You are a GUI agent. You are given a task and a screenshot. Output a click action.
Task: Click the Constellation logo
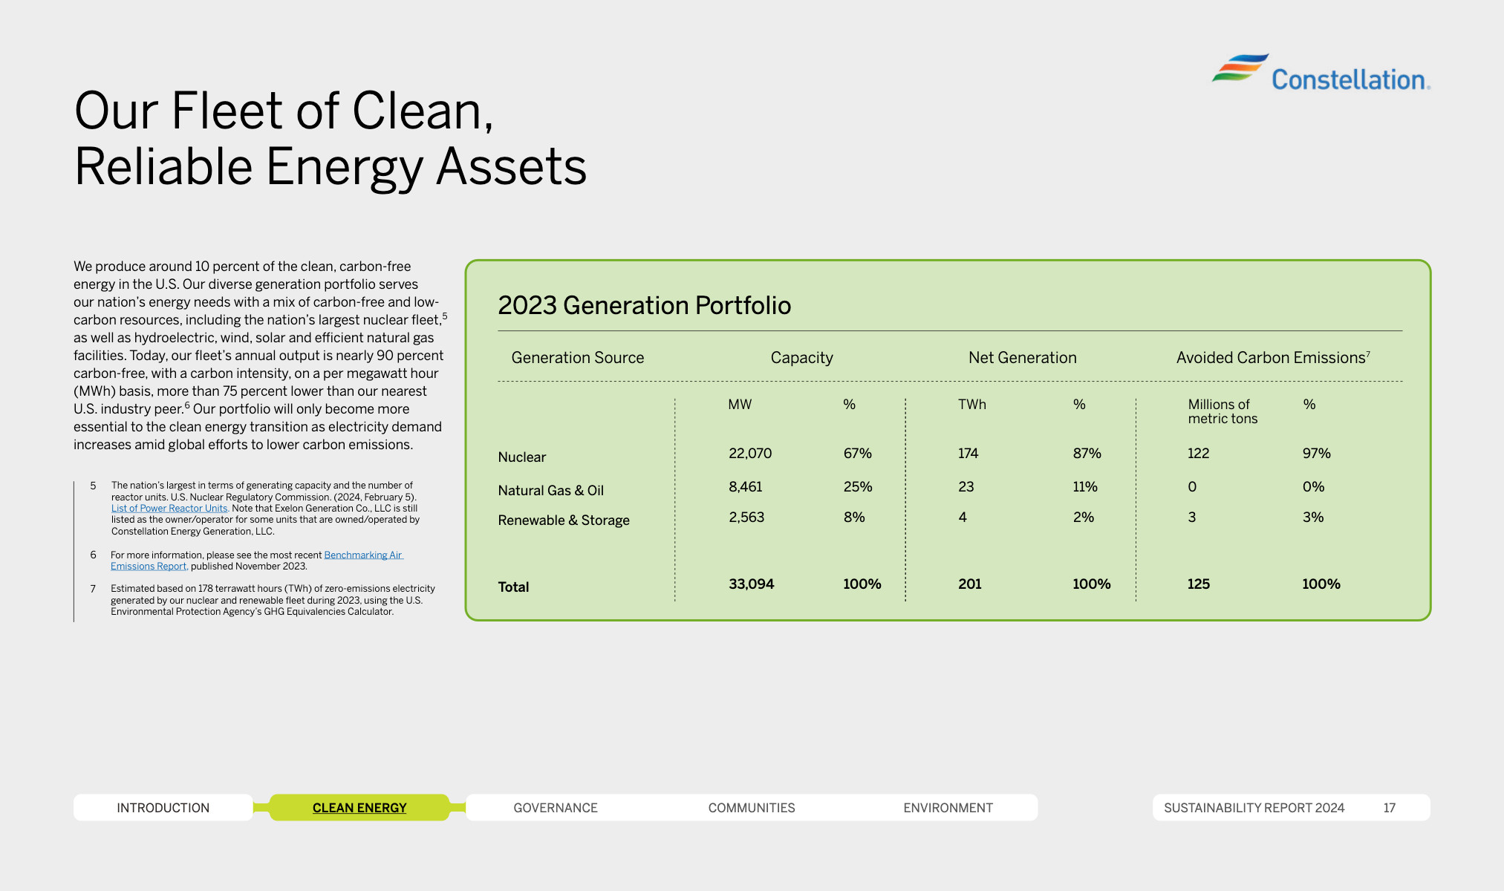pyautogui.click(x=1321, y=74)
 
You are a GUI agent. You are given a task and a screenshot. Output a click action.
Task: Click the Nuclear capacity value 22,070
pyautogui.click(x=749, y=453)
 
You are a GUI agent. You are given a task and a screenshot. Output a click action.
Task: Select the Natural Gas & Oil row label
pyautogui.click(x=550, y=490)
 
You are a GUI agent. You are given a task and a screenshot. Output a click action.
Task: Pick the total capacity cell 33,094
pyautogui.click(x=751, y=584)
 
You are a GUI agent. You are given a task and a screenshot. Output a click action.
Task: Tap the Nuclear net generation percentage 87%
pyautogui.click(x=1087, y=453)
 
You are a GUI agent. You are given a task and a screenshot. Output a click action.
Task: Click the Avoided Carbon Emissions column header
pyautogui.click(x=1271, y=357)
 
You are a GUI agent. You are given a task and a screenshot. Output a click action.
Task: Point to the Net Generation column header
pyautogui.click(x=1022, y=357)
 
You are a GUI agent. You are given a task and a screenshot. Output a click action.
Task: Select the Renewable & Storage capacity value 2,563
pyautogui.click(x=746, y=517)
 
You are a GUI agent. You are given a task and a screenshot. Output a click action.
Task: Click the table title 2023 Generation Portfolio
pyautogui.click(x=644, y=305)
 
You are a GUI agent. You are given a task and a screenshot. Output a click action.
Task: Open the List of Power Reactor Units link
pyautogui.click(x=169, y=509)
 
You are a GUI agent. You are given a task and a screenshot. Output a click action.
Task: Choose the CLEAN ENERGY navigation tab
pyautogui.click(x=359, y=807)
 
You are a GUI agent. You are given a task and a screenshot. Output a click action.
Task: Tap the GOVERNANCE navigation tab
pyautogui.click(x=555, y=807)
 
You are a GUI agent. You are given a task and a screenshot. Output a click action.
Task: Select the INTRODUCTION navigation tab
pyautogui.click(x=163, y=807)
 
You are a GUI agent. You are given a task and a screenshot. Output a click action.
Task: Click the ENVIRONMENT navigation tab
pyautogui.click(x=948, y=807)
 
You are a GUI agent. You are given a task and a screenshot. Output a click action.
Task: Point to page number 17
pyautogui.click(x=1389, y=807)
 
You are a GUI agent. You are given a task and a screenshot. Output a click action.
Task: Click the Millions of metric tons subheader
pyautogui.click(x=1222, y=411)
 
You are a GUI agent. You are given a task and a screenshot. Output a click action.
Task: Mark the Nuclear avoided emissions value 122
pyautogui.click(x=1198, y=453)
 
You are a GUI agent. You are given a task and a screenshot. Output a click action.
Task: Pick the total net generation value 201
pyautogui.click(x=969, y=584)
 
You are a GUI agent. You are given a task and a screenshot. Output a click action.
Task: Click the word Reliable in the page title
pyautogui.click(x=163, y=166)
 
